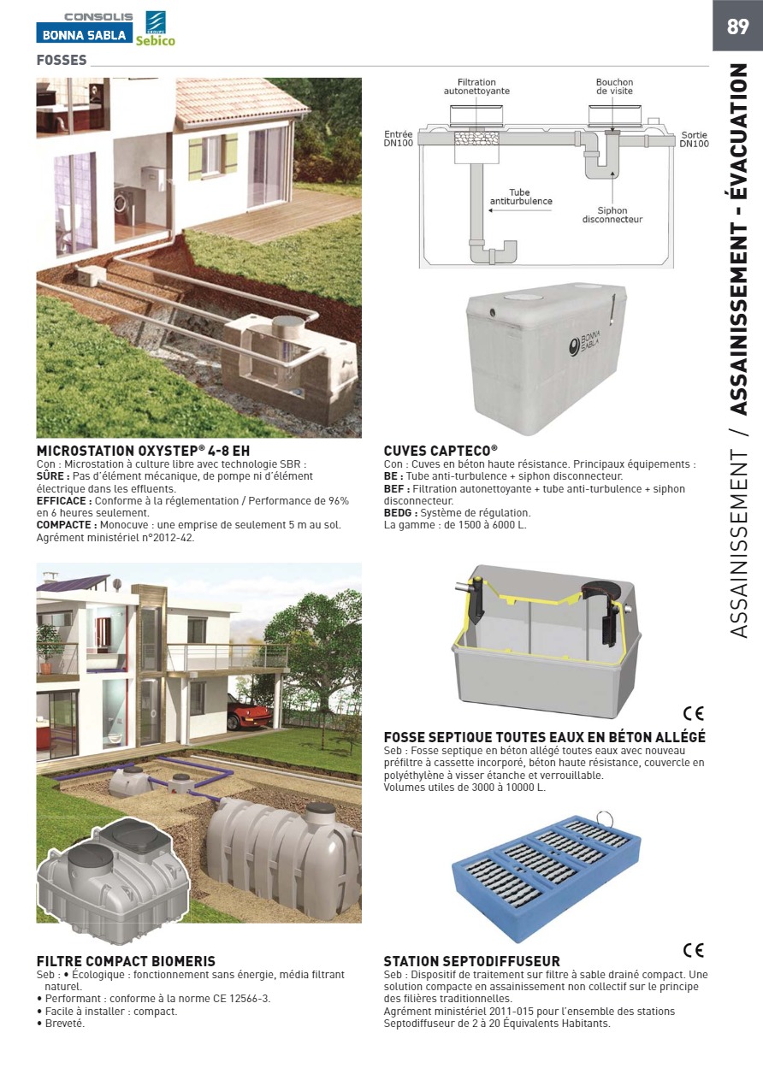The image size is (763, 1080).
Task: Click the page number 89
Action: click(x=737, y=27)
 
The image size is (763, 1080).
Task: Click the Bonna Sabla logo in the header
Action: click(x=84, y=35)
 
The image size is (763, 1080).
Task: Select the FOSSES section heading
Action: click(x=62, y=61)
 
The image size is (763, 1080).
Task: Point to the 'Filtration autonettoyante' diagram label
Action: click(x=476, y=86)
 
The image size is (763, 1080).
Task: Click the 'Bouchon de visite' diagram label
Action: click(x=614, y=86)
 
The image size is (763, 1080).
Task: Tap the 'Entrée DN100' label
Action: click(x=399, y=139)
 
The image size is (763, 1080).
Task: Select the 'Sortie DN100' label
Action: click(x=694, y=139)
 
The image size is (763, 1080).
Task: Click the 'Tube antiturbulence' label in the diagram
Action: click(x=520, y=198)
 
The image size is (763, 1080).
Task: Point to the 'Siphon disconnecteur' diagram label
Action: click(x=612, y=215)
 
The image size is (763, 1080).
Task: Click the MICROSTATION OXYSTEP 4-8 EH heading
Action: click(x=143, y=451)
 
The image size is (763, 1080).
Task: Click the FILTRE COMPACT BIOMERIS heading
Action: click(x=126, y=961)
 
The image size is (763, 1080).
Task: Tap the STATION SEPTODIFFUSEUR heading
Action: click(x=471, y=961)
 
